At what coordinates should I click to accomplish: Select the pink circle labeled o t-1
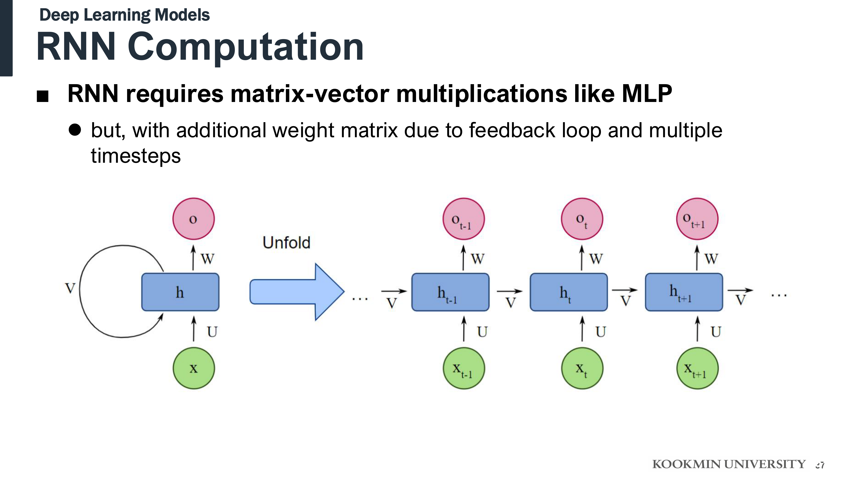[x=463, y=219]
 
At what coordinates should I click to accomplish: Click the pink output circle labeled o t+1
[x=697, y=219]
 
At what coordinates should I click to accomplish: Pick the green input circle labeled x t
[x=582, y=368]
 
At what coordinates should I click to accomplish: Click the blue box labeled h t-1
[x=450, y=292]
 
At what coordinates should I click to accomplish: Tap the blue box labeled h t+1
[x=684, y=292]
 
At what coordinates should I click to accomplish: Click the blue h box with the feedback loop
[x=180, y=292]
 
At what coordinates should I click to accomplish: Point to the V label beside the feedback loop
[x=70, y=288]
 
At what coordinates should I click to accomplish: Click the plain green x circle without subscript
[x=194, y=368]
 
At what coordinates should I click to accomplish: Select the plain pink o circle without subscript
[x=194, y=219]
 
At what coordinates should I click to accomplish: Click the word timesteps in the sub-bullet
[x=136, y=156]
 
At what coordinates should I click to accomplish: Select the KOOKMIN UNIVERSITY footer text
[x=729, y=464]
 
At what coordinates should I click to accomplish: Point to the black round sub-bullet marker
[x=75, y=130]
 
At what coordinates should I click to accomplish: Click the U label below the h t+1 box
[x=716, y=332]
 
